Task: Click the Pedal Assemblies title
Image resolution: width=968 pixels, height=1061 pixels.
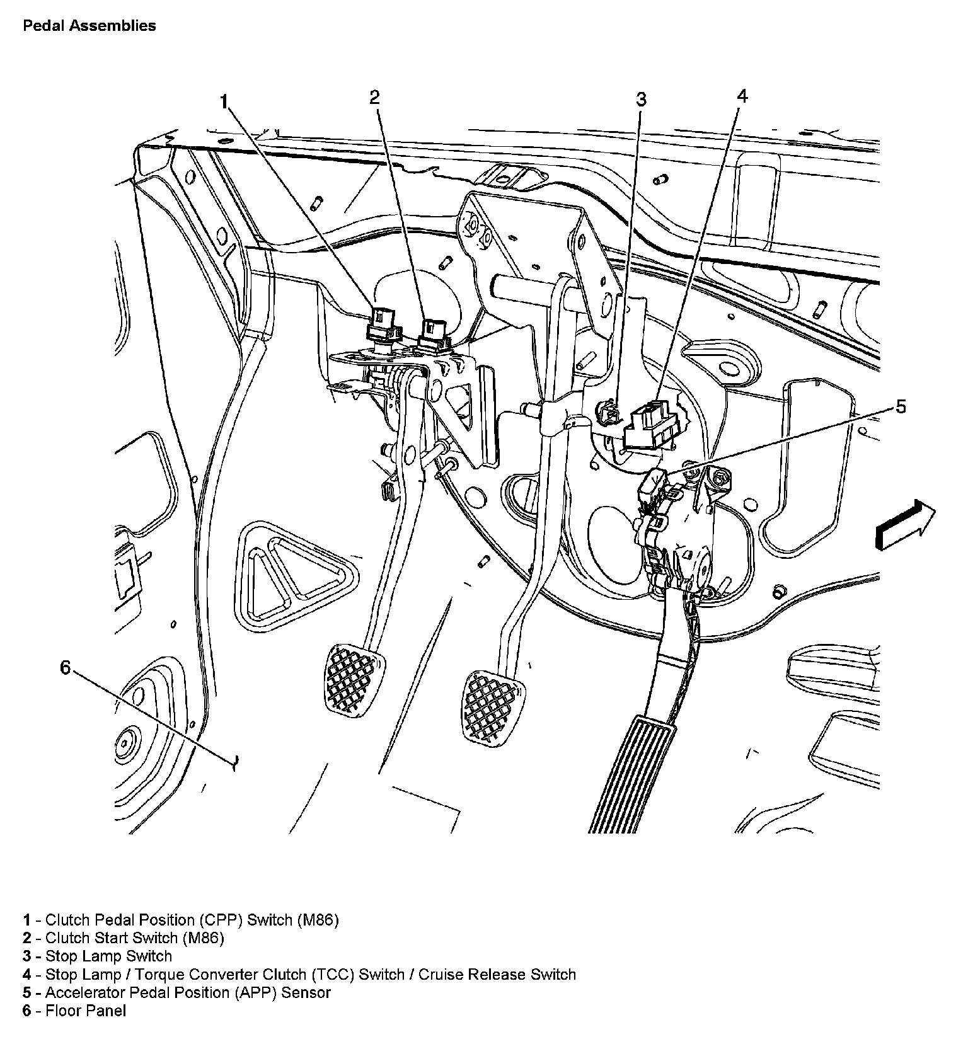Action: click(89, 26)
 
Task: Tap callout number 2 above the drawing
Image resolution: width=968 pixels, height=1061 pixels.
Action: click(375, 97)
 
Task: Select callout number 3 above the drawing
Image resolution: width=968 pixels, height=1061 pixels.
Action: click(641, 100)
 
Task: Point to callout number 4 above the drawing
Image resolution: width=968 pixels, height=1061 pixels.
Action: click(742, 96)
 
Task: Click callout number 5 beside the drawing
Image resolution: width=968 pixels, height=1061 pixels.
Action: click(901, 407)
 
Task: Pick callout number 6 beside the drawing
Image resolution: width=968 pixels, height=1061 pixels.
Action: click(66, 667)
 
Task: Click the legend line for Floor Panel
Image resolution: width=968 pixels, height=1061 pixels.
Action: click(74, 1011)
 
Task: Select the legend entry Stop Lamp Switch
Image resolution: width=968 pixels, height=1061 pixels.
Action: click(98, 956)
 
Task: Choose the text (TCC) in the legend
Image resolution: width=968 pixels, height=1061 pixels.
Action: click(332, 974)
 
